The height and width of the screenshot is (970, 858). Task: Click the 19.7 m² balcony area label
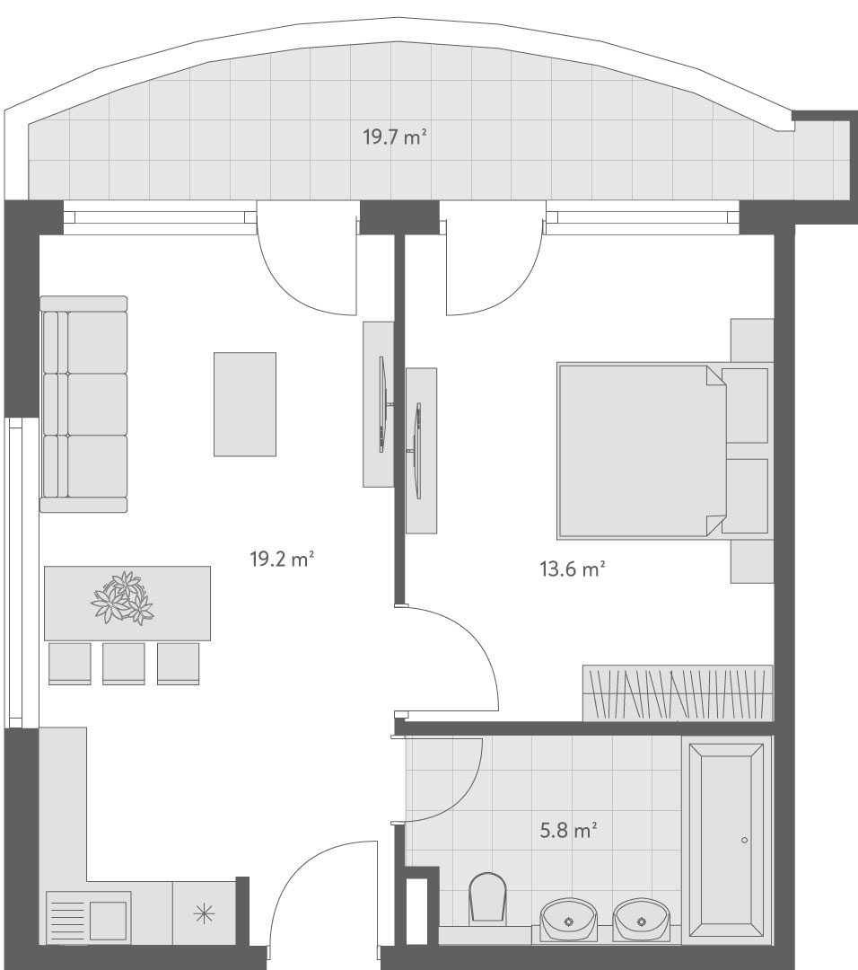tap(395, 137)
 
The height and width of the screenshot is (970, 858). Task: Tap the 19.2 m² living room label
tap(282, 560)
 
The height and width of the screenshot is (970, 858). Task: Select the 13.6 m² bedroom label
tap(572, 569)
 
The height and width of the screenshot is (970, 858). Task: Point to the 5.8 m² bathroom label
tap(568, 830)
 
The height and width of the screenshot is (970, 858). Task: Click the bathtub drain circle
tap(744, 840)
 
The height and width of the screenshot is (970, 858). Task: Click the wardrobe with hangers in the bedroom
tap(679, 692)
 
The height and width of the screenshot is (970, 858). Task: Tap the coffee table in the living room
tap(245, 404)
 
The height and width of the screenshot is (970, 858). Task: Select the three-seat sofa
tap(83, 404)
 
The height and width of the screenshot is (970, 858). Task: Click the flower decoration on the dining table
tap(122, 597)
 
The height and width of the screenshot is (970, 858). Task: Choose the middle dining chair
tap(124, 664)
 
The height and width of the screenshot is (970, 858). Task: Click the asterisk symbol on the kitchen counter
tap(204, 913)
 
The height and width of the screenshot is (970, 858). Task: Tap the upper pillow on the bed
tap(745, 405)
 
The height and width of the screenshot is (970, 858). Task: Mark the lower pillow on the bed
tap(745, 496)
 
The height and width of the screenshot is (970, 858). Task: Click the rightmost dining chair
tap(178, 664)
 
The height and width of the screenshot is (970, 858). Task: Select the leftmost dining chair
tap(69, 664)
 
